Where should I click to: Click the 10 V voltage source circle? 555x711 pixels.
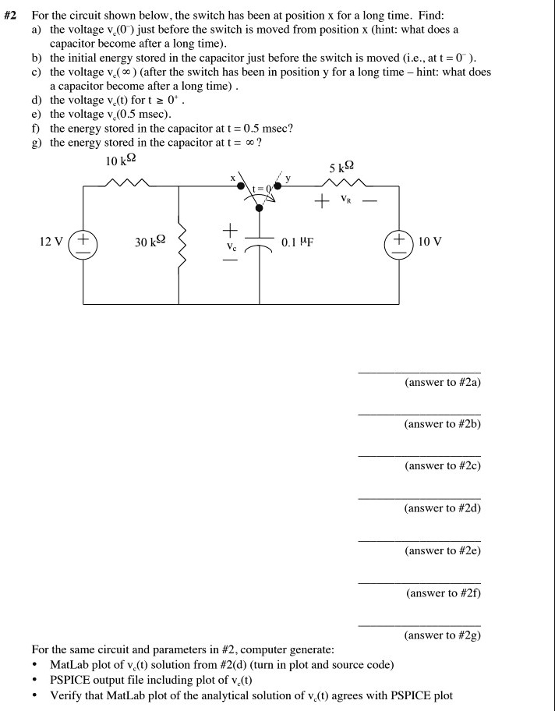(x=399, y=242)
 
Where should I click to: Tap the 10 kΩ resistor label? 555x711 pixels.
(x=121, y=161)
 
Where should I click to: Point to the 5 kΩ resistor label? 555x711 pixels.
(x=342, y=167)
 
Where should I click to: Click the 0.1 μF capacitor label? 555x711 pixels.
(x=297, y=242)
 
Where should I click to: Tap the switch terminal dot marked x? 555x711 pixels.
(x=242, y=186)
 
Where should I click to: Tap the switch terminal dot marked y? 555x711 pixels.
(x=277, y=186)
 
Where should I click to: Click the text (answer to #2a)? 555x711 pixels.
(x=443, y=383)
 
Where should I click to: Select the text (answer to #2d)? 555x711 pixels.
(x=443, y=508)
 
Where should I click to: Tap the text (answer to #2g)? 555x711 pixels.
(x=443, y=635)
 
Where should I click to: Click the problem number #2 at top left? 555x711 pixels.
(x=12, y=15)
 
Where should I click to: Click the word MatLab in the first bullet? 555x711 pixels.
(x=67, y=664)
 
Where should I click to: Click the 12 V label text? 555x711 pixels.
(x=52, y=242)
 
